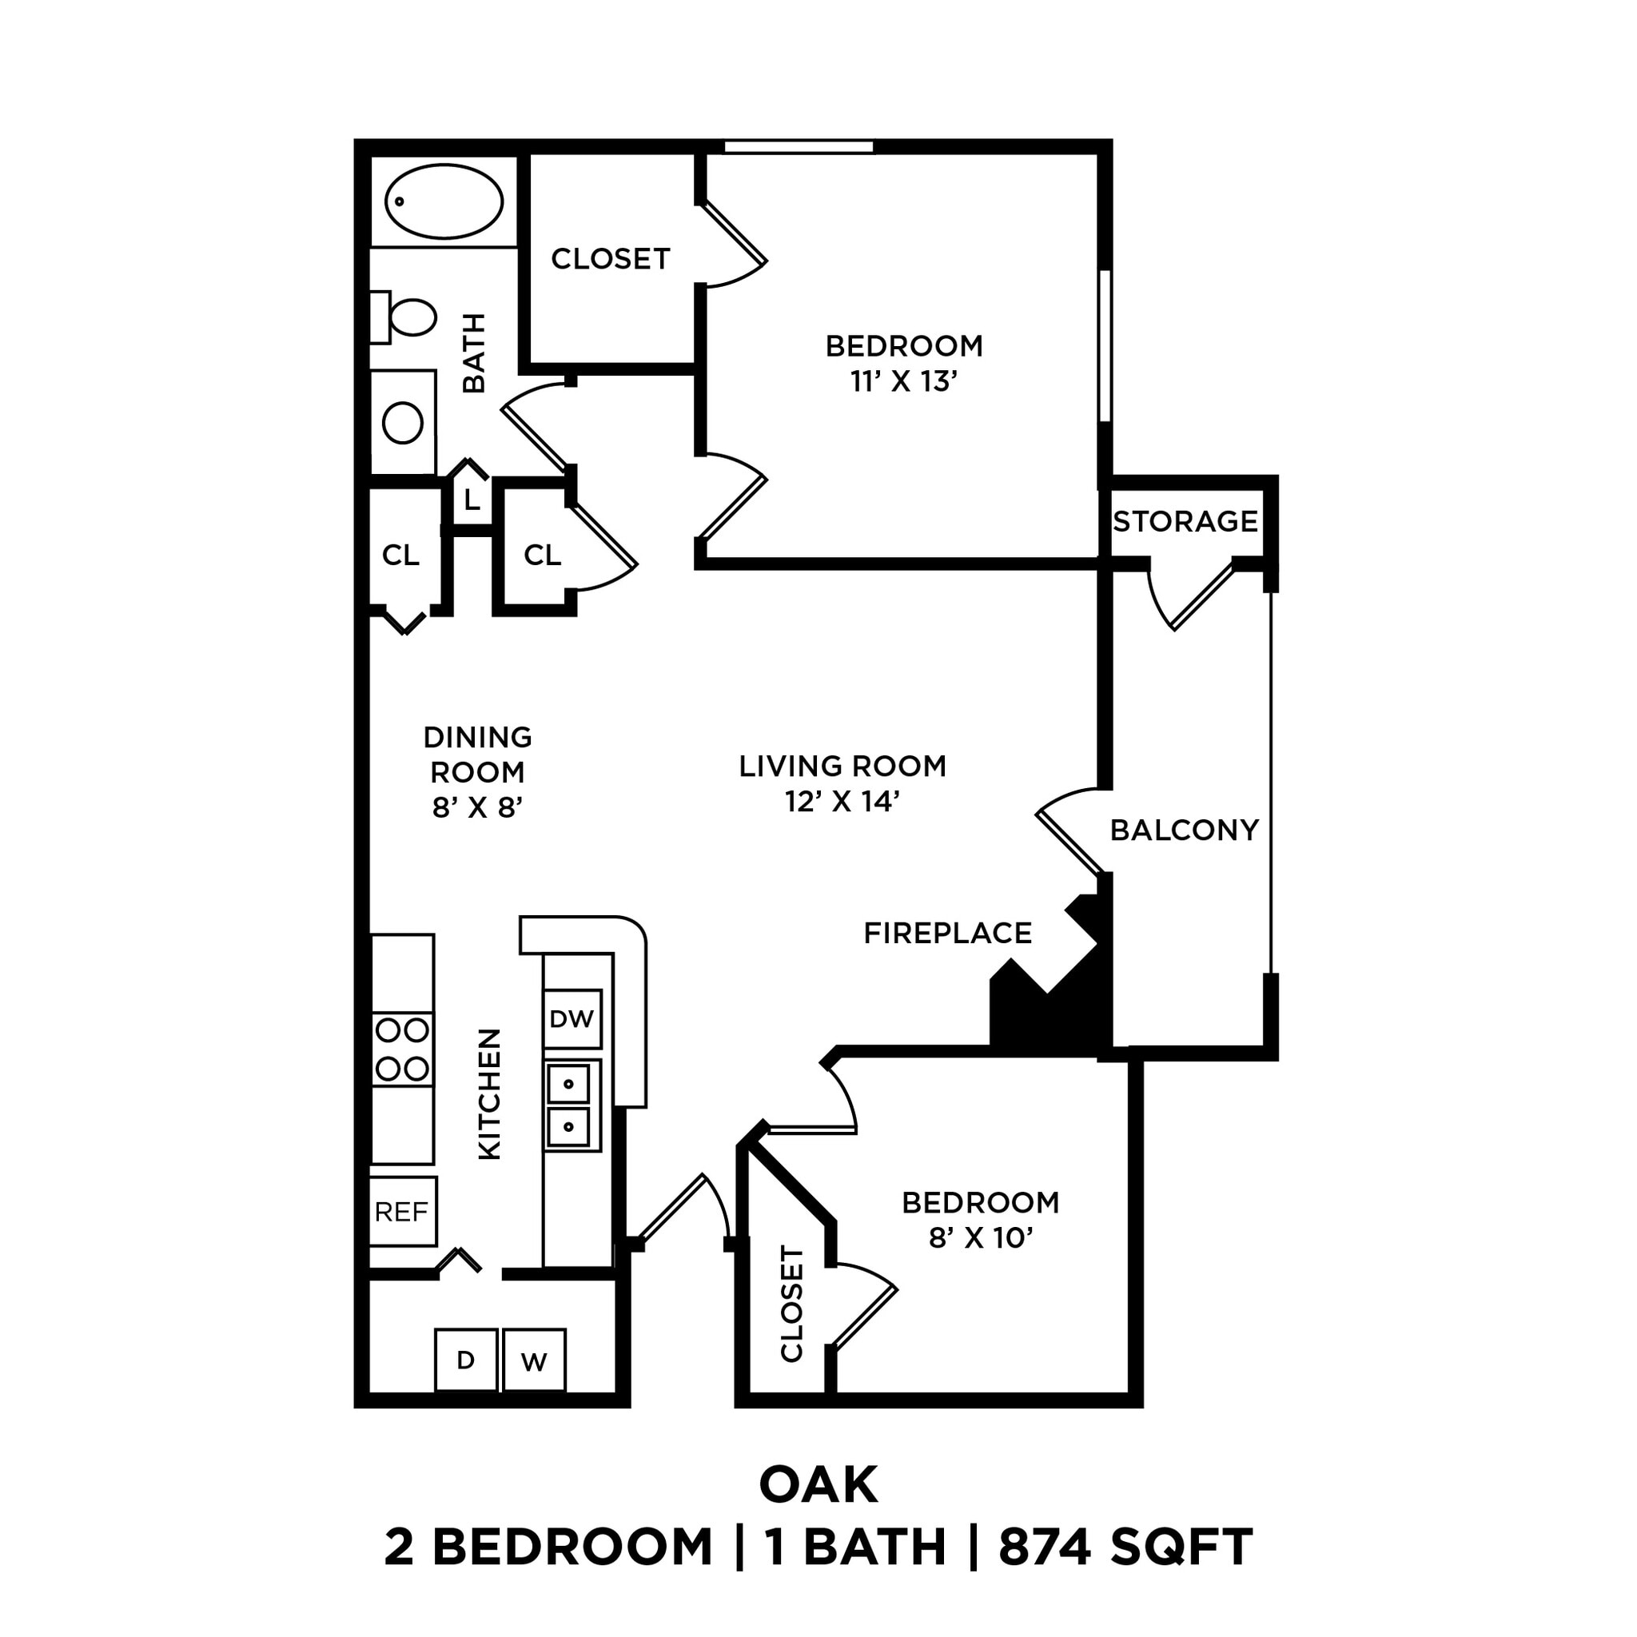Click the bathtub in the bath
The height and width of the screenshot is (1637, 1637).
coord(444,202)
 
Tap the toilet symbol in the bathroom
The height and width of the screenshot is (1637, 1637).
coord(405,317)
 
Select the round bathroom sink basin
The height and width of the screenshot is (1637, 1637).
coord(404,423)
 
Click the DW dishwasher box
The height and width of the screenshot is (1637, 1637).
coord(572,1019)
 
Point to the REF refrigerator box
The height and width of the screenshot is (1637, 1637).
coord(403,1213)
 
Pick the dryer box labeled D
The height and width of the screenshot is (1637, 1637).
coord(465,1360)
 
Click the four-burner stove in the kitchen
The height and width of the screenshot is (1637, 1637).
coord(403,1050)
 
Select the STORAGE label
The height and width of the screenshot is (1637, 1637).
coord(1185,521)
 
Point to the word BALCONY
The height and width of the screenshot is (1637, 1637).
coord(1184,830)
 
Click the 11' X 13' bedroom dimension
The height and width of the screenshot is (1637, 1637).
coord(904,382)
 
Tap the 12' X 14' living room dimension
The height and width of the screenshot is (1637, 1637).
coord(842,802)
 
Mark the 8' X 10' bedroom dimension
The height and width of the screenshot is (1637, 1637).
coord(980,1239)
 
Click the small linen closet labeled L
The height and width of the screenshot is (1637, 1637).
coord(472,499)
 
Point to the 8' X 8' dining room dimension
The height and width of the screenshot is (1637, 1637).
coord(477,808)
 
